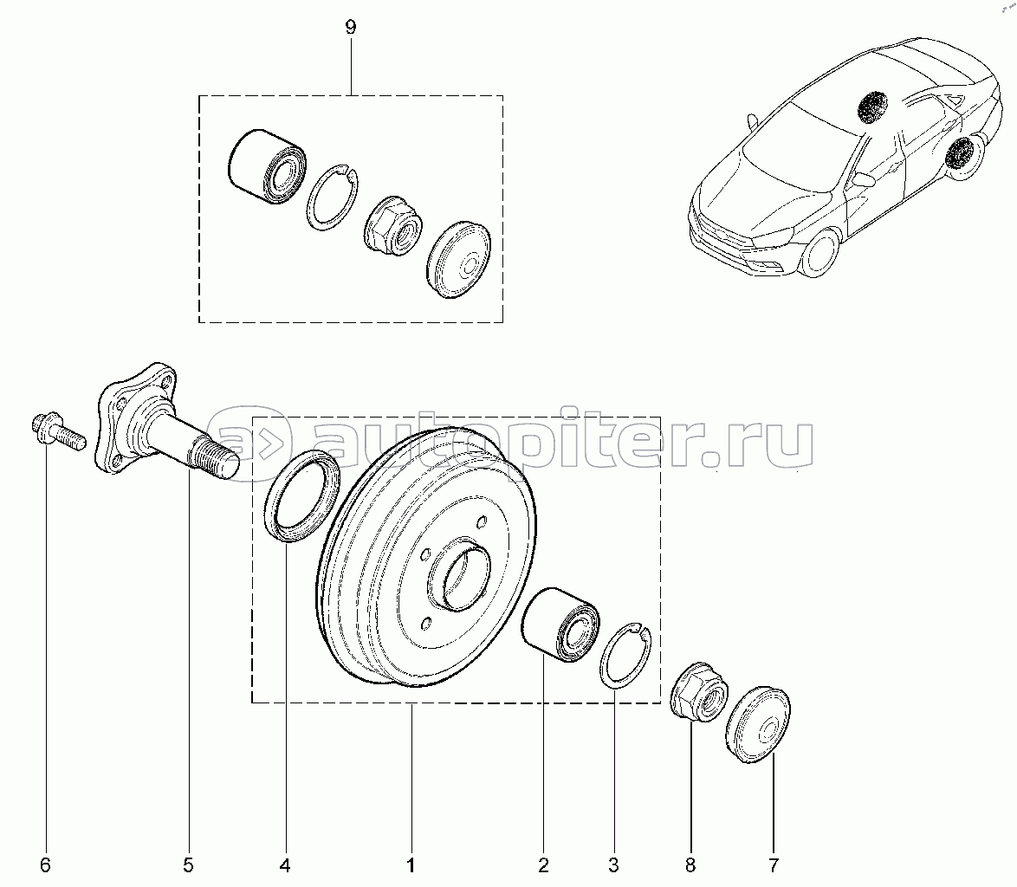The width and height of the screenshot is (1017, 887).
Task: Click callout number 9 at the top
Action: [x=350, y=28]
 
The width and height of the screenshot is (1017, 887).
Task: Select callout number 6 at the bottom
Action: [x=45, y=864]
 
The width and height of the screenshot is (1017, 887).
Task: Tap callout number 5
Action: [x=188, y=864]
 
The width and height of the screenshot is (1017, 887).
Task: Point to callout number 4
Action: [x=285, y=864]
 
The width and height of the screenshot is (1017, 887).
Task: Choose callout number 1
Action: [x=411, y=864]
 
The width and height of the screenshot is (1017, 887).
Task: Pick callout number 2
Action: [x=543, y=864]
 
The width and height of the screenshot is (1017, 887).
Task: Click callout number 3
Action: [x=613, y=864]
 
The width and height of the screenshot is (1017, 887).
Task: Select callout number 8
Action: [x=690, y=864]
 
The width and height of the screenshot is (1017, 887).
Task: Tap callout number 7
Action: [x=773, y=864]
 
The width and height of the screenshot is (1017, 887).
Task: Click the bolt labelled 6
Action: [x=58, y=432]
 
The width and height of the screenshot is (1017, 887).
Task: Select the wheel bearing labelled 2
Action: [x=561, y=625]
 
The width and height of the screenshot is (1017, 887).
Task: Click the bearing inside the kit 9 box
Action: [x=268, y=167]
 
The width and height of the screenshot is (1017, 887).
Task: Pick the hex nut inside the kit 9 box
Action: [x=392, y=225]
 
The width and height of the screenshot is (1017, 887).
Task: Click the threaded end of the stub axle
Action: [x=217, y=456]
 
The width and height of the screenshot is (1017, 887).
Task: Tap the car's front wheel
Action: [x=819, y=254]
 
